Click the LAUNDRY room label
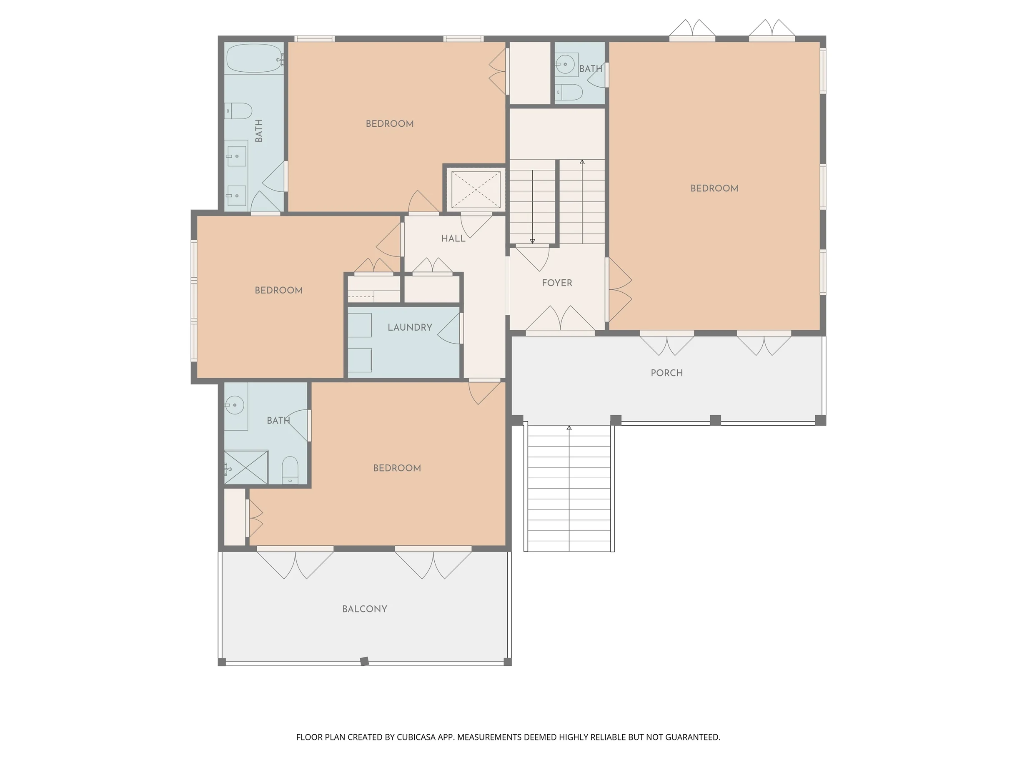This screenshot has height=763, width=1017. click(410, 327)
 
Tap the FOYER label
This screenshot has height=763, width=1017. click(557, 283)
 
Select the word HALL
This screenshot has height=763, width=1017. click(453, 238)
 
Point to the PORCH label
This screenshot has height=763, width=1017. click(666, 373)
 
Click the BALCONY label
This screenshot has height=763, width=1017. click(365, 609)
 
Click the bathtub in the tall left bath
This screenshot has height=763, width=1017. click(254, 58)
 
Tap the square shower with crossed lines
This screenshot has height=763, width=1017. click(246, 467)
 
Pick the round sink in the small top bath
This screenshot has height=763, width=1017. click(565, 64)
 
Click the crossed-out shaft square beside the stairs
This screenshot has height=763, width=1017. click(476, 189)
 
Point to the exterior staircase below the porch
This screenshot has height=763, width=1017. click(569, 488)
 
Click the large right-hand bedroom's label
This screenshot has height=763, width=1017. click(714, 188)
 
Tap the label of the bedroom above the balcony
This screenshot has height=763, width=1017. click(397, 468)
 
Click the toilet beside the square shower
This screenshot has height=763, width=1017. click(290, 469)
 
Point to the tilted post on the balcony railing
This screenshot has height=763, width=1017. click(364, 661)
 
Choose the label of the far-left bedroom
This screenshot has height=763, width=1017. click(278, 290)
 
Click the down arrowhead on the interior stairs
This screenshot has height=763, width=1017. click(532, 241)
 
